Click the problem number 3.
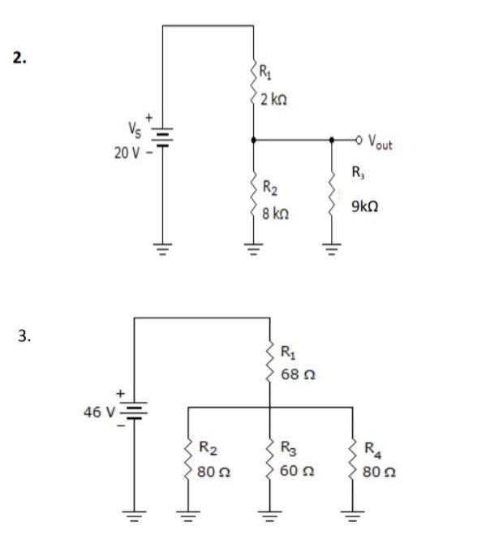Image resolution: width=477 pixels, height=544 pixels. coord(25,335)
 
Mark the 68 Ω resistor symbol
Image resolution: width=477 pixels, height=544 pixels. coord(270,365)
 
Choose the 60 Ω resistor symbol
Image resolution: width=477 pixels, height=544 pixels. coord(270,459)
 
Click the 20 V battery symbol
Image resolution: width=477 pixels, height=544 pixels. coord(163,139)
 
